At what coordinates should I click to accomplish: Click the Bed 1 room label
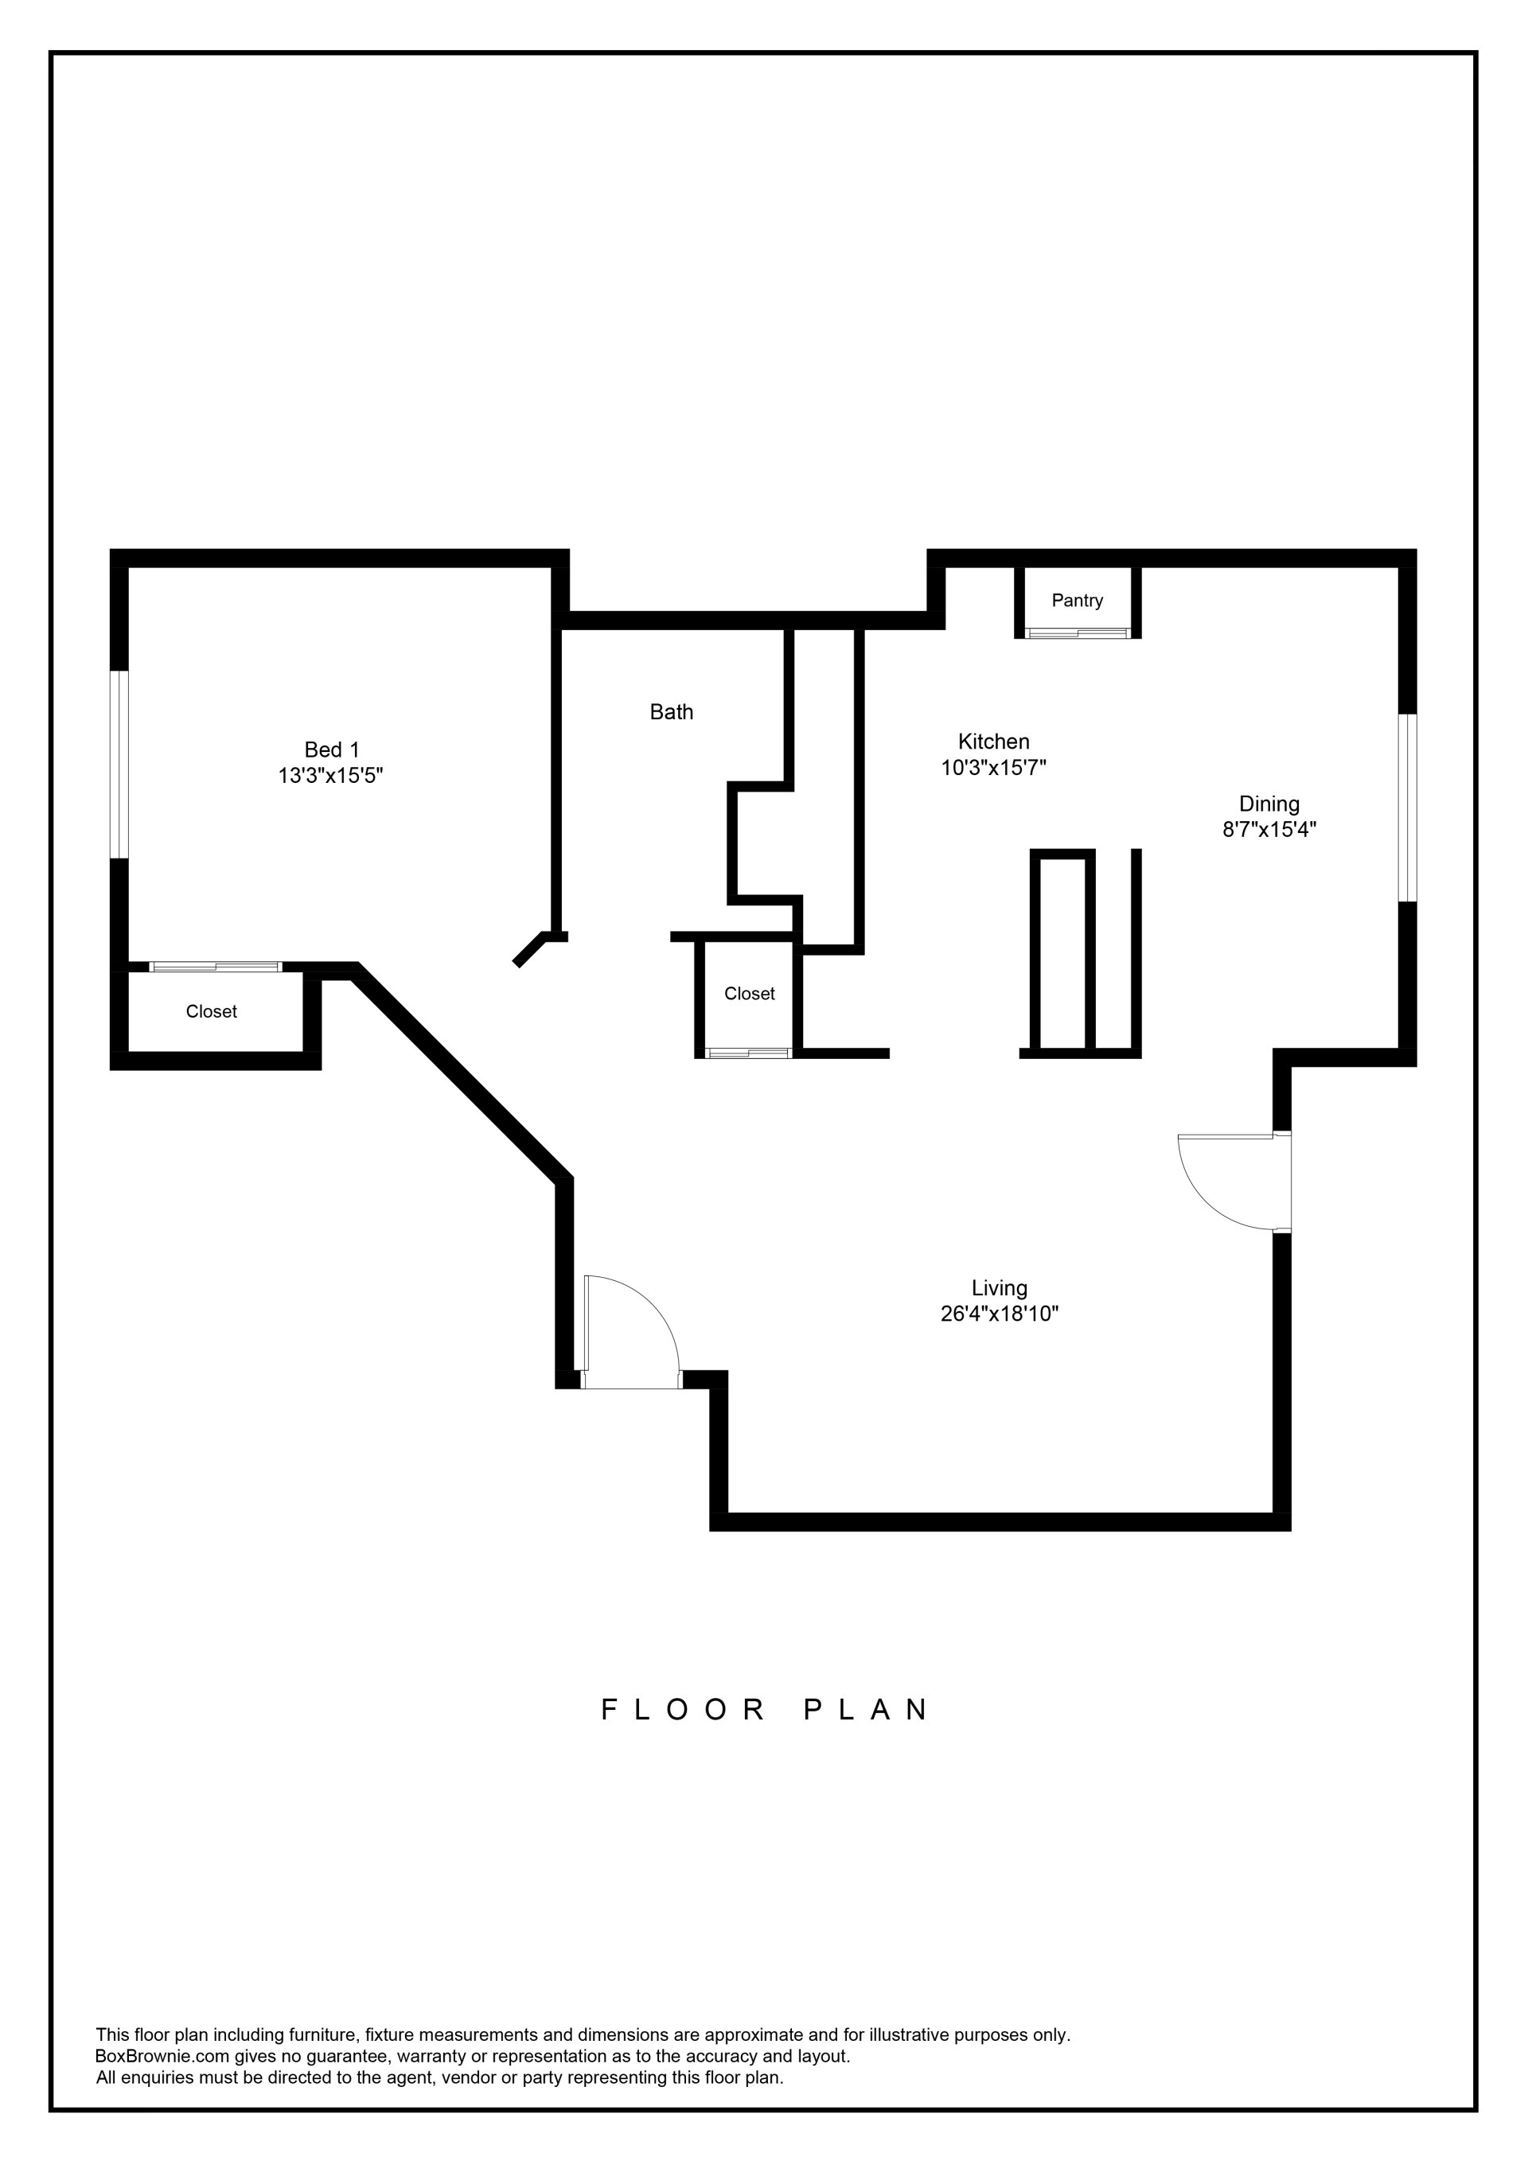click(x=331, y=750)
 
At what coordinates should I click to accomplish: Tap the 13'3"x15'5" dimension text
click(x=330, y=776)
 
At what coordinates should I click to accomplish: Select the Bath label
click(x=671, y=711)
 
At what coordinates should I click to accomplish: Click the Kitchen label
click(x=993, y=741)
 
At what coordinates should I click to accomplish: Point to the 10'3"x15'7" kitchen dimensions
click(x=993, y=767)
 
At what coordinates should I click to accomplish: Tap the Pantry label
click(x=1077, y=601)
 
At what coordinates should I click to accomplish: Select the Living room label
click(x=999, y=1287)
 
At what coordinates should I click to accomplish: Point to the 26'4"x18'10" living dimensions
click(x=999, y=1313)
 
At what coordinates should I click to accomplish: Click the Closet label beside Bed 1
click(x=211, y=1012)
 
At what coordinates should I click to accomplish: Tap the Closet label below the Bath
click(x=750, y=993)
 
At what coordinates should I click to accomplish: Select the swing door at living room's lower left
click(x=629, y=1329)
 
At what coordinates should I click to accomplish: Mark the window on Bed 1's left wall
click(x=119, y=765)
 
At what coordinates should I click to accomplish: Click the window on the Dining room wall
click(x=1406, y=808)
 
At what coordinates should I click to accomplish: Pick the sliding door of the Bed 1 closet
click(x=216, y=967)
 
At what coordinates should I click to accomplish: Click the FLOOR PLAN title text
click(x=766, y=1710)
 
